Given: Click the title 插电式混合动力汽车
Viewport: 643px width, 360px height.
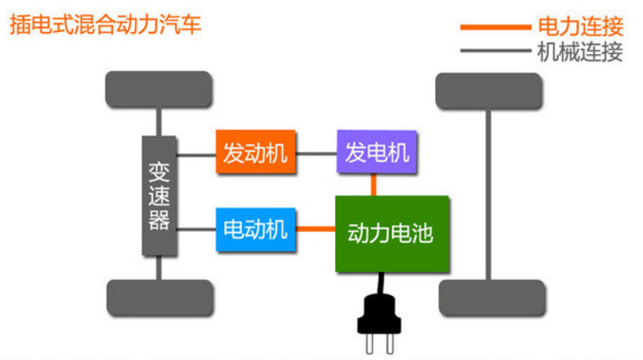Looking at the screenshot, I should click(105, 23).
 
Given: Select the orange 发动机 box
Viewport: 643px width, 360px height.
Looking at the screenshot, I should click(255, 153).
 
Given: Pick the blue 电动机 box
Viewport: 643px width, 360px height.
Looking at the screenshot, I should click(255, 229).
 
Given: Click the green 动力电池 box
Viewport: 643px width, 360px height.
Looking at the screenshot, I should click(391, 234).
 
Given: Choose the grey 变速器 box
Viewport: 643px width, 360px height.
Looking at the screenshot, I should click(159, 196).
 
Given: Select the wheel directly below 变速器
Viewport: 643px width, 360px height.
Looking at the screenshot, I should click(159, 298).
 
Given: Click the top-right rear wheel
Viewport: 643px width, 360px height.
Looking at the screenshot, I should click(489, 91).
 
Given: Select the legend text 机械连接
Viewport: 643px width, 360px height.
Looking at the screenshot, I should click(580, 52).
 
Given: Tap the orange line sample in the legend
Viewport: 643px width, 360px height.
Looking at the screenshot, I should click(494, 28).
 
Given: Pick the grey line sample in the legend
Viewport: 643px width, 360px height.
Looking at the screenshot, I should click(494, 52).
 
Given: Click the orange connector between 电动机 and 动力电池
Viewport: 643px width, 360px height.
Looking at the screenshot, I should click(314, 230).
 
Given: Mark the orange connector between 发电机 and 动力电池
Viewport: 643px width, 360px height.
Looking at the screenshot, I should click(375, 184).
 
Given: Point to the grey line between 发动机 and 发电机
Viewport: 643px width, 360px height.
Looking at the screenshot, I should click(317, 154).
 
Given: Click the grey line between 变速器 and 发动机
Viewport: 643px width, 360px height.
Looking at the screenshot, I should click(197, 154).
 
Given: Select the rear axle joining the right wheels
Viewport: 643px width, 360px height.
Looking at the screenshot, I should click(488, 194).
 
